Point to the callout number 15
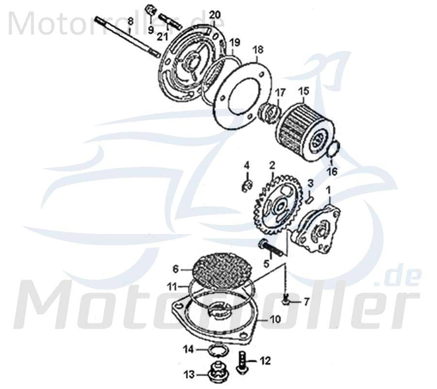(x=303, y=91)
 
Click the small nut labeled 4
(x=246, y=184)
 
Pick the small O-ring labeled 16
(x=332, y=150)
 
